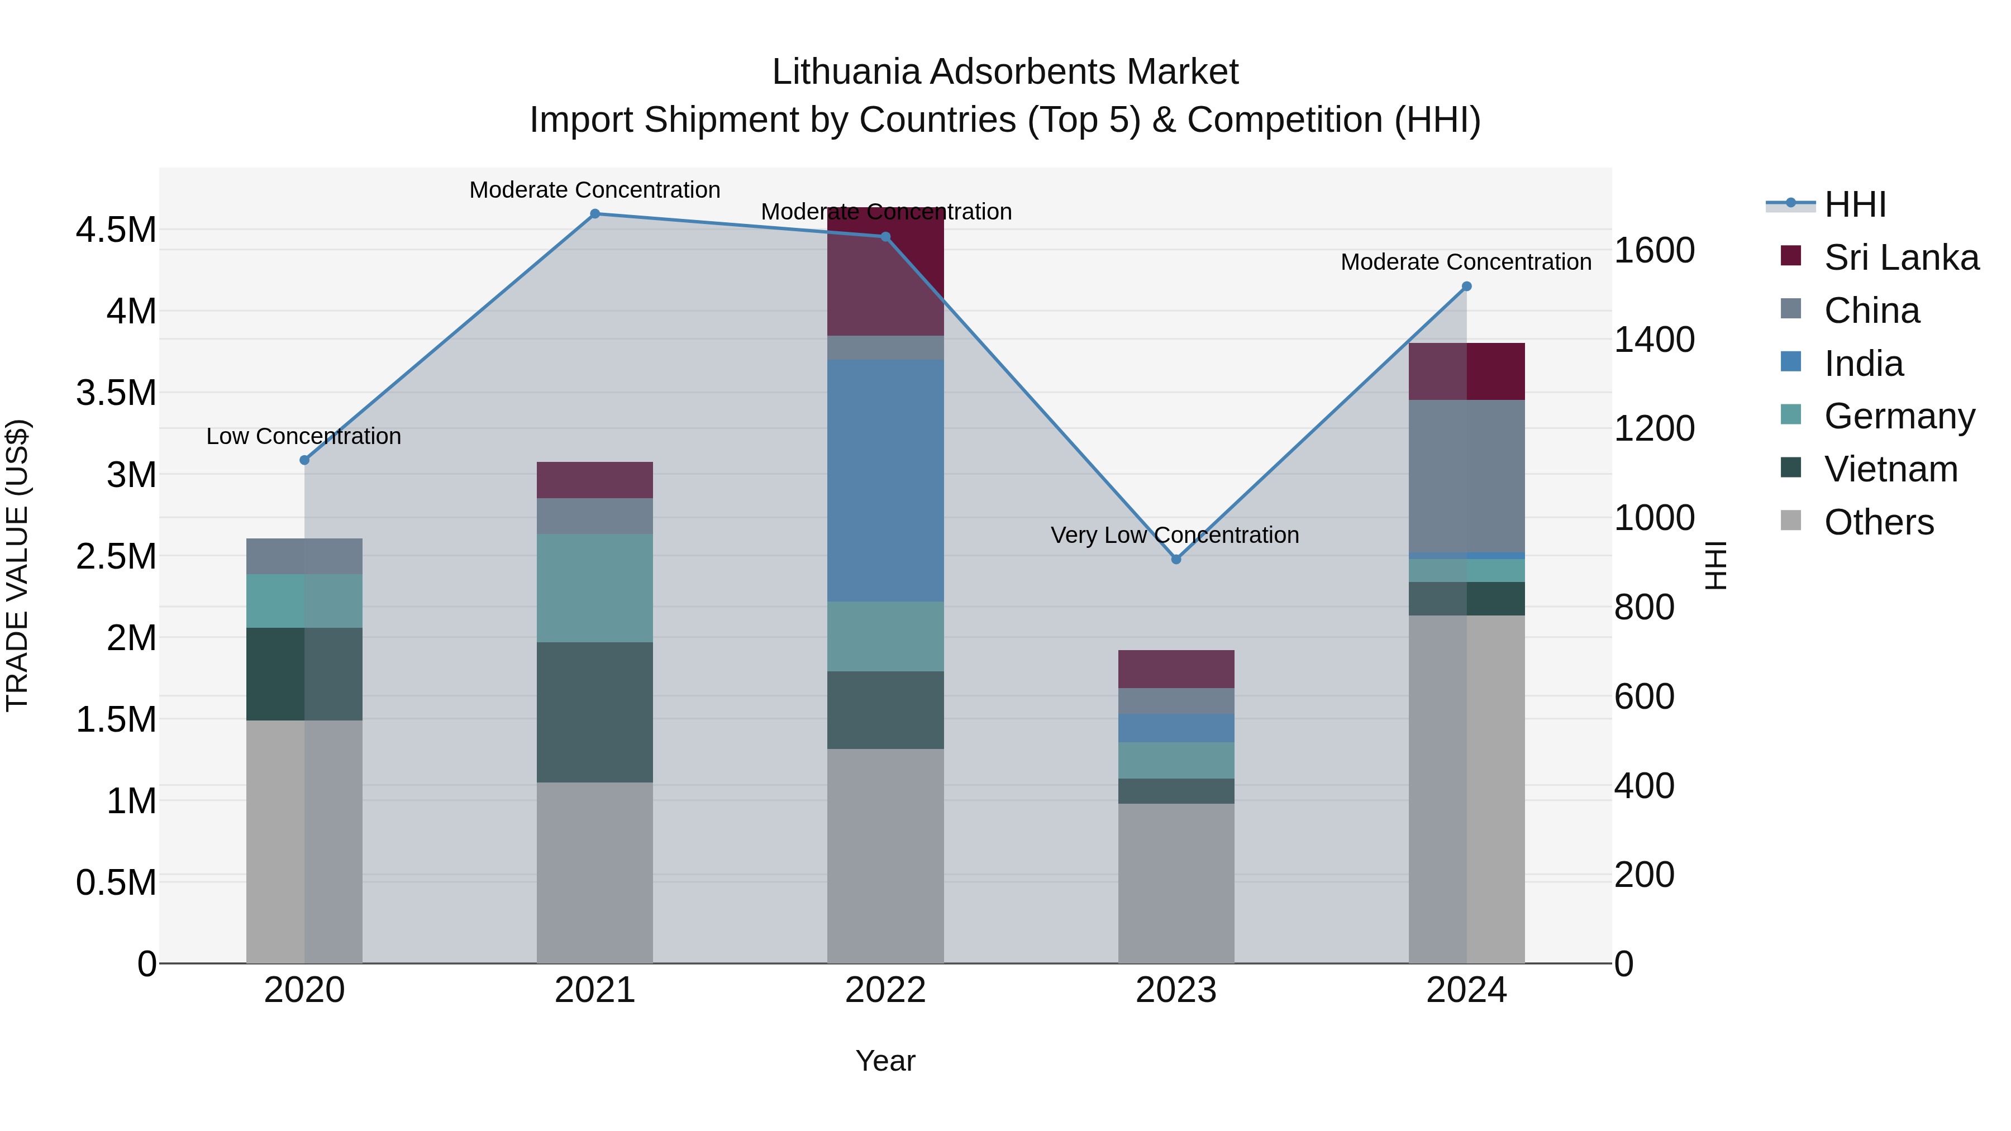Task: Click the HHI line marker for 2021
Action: tap(595, 214)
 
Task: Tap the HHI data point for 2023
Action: tap(1176, 559)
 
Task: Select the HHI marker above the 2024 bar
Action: tap(1466, 287)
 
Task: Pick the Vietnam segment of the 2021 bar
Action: tap(595, 712)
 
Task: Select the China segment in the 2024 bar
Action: tap(1466, 476)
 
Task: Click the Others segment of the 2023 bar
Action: tap(1176, 883)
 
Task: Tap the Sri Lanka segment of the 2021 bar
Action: tap(595, 480)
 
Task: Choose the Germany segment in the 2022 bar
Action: tap(885, 636)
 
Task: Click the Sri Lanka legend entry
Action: tap(1901, 257)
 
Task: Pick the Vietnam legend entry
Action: tap(1890, 469)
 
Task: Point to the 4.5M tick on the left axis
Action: tap(116, 230)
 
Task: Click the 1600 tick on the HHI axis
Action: tap(1654, 251)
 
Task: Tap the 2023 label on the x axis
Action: tap(1176, 990)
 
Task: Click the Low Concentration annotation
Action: tap(304, 436)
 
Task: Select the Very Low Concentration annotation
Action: tap(1175, 536)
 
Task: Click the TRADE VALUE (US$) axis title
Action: tap(17, 565)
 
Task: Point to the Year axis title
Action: tap(885, 1061)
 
